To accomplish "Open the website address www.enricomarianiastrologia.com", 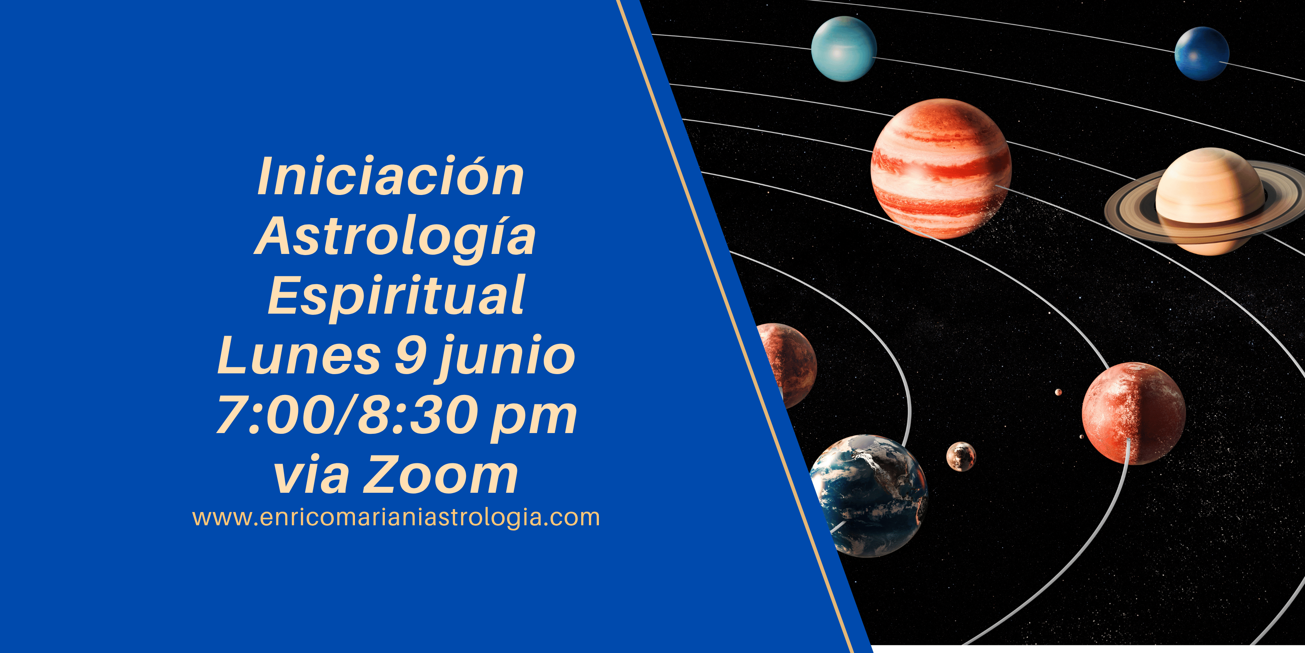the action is (396, 518).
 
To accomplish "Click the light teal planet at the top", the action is (844, 49).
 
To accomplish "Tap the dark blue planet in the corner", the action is (1202, 54).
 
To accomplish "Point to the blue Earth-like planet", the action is (868, 495).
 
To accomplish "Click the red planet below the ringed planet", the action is (1134, 413).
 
